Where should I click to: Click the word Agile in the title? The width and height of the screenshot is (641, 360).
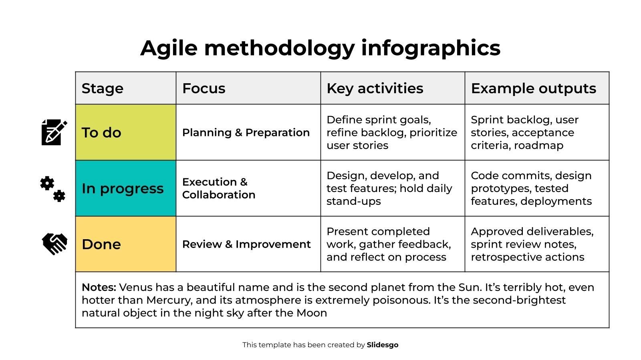(x=169, y=48)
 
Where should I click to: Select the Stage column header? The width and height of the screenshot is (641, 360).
(x=126, y=88)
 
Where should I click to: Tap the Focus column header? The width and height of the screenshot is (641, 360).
(x=248, y=88)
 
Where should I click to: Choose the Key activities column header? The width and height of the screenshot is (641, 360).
(x=393, y=88)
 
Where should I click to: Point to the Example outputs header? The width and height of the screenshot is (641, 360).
(x=537, y=88)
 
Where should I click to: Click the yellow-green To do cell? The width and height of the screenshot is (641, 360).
(x=126, y=132)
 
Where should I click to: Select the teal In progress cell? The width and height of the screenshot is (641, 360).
(x=126, y=188)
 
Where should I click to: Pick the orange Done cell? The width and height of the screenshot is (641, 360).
(x=126, y=244)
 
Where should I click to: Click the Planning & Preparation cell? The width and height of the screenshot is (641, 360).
(x=248, y=132)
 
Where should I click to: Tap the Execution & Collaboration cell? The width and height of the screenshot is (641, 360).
(x=248, y=188)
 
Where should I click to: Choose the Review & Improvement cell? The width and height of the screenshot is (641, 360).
(x=248, y=244)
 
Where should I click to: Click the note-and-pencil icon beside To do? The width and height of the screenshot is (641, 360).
(x=54, y=132)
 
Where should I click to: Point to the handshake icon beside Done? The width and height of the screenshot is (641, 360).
(x=54, y=244)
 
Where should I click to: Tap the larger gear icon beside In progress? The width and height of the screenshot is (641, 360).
(x=47, y=183)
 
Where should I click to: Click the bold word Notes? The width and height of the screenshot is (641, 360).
(x=99, y=287)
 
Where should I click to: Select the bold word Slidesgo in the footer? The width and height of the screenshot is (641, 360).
(x=383, y=345)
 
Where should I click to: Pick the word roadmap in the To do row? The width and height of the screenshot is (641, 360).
(x=538, y=146)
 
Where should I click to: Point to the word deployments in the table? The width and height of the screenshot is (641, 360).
(x=556, y=202)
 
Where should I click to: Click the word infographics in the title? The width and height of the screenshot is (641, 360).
(x=431, y=48)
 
